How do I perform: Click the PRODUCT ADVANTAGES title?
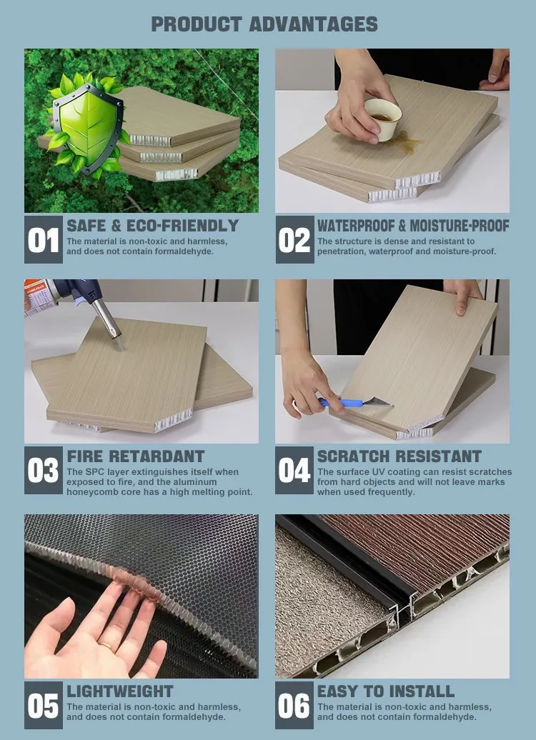point(264,24)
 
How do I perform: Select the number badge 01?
point(44,239)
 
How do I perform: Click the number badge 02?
point(294,239)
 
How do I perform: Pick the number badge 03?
point(44,470)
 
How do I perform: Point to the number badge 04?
point(294,470)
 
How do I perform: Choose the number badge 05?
point(44,705)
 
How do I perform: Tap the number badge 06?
point(294,705)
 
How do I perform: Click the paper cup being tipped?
point(383,119)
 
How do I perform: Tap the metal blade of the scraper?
point(377,402)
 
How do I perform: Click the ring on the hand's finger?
point(106,646)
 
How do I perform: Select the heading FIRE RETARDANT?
point(136,456)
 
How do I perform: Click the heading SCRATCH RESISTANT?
point(399,456)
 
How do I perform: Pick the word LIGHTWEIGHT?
point(120,691)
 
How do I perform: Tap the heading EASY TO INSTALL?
point(386,691)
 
